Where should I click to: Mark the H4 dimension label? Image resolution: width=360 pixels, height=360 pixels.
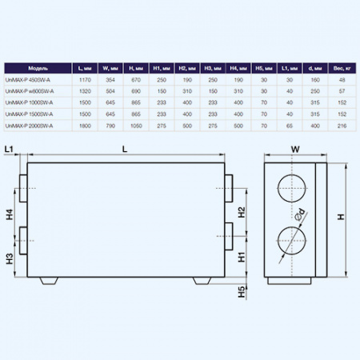(x=8, y=214)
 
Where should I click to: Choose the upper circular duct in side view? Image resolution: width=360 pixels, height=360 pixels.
(x=290, y=191)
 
